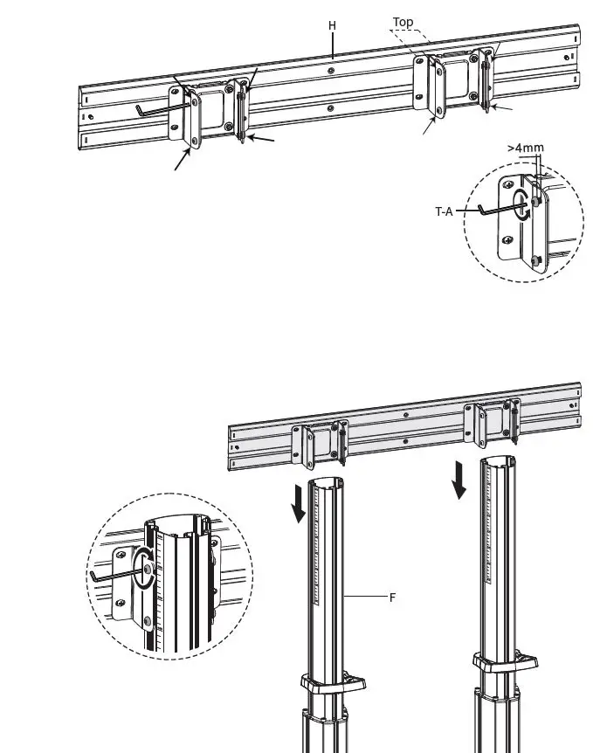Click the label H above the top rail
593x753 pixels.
coord(332,25)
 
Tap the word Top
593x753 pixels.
coord(403,22)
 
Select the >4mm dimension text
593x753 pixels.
coord(526,148)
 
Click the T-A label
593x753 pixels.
coord(445,210)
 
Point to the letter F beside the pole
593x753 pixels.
coord(392,598)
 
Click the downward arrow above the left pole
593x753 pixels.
coord(299,504)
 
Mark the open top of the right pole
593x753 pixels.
coord(496,462)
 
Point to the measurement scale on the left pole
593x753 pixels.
coord(332,559)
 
